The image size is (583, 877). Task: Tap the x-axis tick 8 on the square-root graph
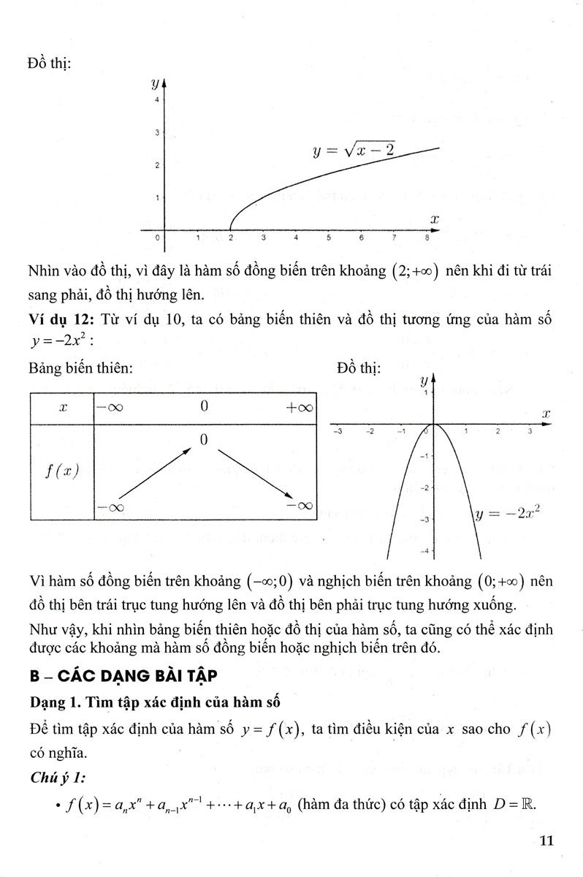click(427, 238)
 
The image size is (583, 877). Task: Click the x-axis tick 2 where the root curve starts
click(231, 238)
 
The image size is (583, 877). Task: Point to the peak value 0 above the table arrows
click(204, 439)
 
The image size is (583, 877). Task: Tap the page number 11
click(546, 839)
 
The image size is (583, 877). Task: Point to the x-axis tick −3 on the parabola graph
click(338, 432)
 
